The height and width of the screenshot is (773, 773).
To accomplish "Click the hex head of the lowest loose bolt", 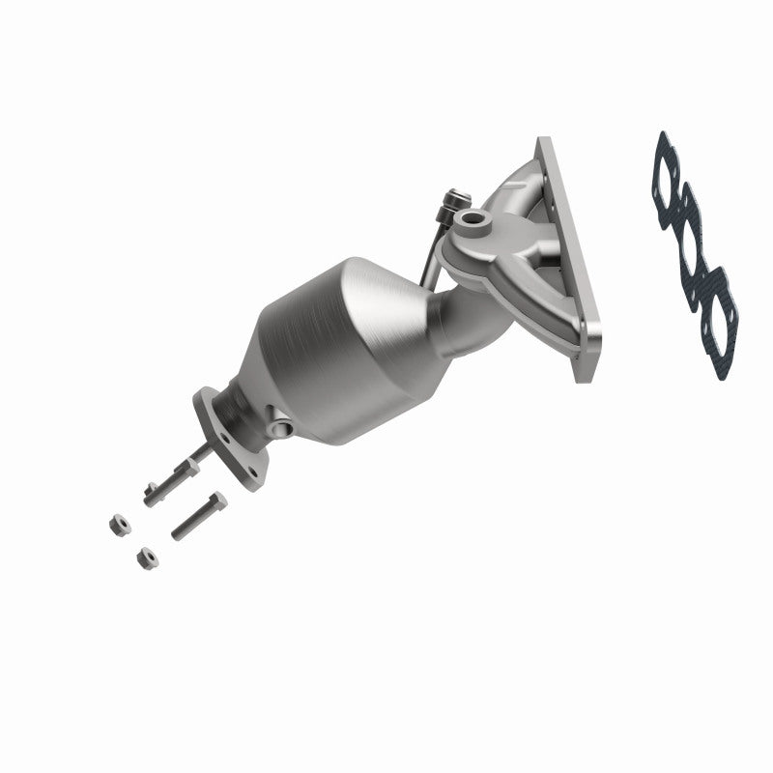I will [217, 501].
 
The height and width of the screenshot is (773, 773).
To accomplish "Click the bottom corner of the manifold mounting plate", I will [584, 375].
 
